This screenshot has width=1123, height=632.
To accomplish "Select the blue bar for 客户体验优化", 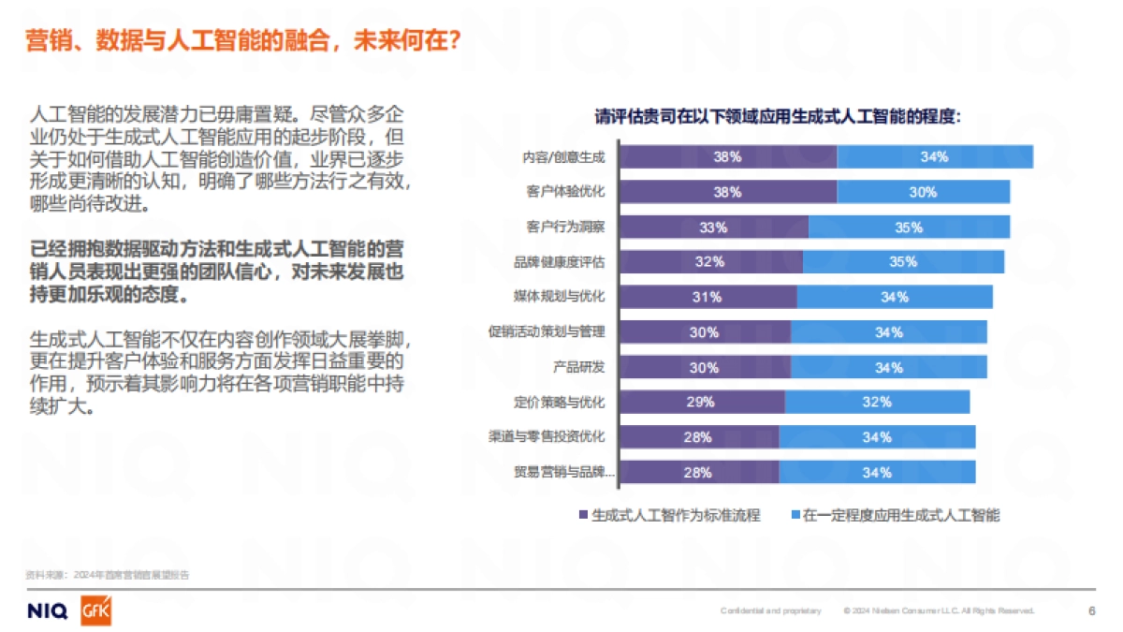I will click(x=923, y=192).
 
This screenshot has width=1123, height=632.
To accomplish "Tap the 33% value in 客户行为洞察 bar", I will click(x=713, y=228).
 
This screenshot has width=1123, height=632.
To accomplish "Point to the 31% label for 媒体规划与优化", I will click(x=707, y=297).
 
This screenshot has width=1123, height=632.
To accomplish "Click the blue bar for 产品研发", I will click(x=888, y=367).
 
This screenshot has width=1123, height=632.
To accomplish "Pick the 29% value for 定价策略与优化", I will click(x=700, y=402).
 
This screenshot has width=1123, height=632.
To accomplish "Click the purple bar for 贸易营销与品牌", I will click(x=698, y=472).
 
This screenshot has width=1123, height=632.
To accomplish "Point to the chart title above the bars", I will click(x=779, y=118).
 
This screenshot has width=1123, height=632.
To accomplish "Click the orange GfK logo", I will click(x=96, y=611).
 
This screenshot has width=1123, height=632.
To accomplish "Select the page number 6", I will click(x=1091, y=611).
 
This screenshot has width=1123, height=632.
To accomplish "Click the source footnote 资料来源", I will click(x=107, y=575).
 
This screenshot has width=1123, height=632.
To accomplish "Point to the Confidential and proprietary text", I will click(x=770, y=611).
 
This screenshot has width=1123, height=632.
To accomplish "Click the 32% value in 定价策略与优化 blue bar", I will click(x=877, y=402).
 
